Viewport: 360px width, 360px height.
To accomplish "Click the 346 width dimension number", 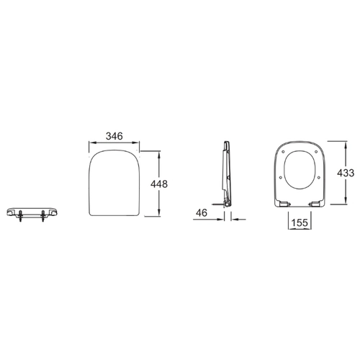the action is click(114, 136).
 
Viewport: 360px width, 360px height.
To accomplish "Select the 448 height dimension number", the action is click(159, 184).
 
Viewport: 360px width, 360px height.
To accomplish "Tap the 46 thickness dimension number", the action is click(202, 213).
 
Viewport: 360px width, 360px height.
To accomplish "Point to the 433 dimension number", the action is click(346, 173).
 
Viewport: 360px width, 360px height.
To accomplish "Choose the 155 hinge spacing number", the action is click(300, 222).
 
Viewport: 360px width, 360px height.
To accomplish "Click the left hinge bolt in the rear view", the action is click(20, 215).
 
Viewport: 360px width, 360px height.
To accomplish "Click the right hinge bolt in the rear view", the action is click(43, 215).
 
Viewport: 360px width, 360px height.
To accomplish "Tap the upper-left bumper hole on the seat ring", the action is click(284, 152).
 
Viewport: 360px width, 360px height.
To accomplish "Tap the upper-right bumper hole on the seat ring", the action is click(316, 152).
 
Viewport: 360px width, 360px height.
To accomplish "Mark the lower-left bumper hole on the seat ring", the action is click(281, 177).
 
